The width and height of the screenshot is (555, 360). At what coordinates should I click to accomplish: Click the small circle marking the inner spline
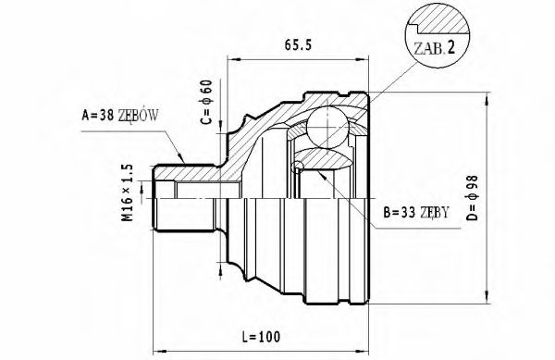click(297, 168)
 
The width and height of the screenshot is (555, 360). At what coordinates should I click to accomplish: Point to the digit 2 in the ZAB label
click(450, 47)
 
